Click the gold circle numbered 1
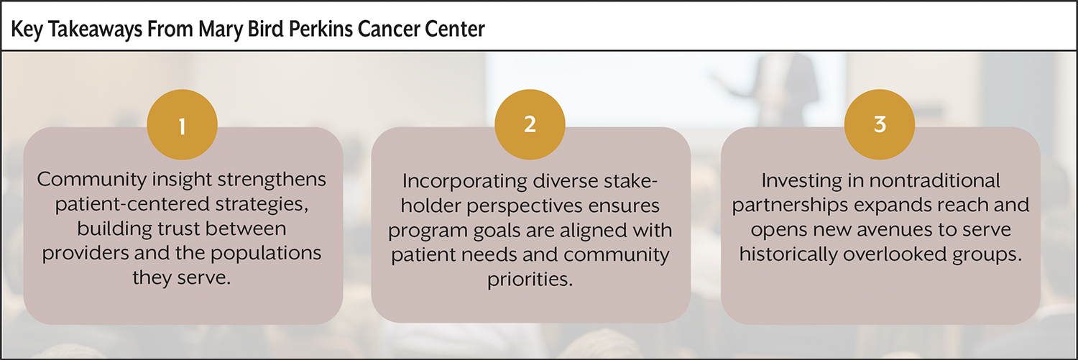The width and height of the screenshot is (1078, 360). tap(182, 124)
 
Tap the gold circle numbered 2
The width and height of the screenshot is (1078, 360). tap(530, 124)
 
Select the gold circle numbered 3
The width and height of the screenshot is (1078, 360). tap(880, 124)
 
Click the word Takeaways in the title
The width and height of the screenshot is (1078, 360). tap(96, 29)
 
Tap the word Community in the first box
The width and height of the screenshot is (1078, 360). tap(92, 180)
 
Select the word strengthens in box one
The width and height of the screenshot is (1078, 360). tap(272, 180)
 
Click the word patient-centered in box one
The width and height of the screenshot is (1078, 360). tap(132, 204)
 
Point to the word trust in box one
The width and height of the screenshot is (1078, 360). tap(178, 229)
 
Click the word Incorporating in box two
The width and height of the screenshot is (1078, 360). tap(464, 182)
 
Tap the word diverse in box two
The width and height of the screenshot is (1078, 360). tap(566, 181)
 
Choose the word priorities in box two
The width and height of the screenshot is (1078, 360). tap(530, 280)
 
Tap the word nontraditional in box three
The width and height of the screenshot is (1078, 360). tap(934, 181)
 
